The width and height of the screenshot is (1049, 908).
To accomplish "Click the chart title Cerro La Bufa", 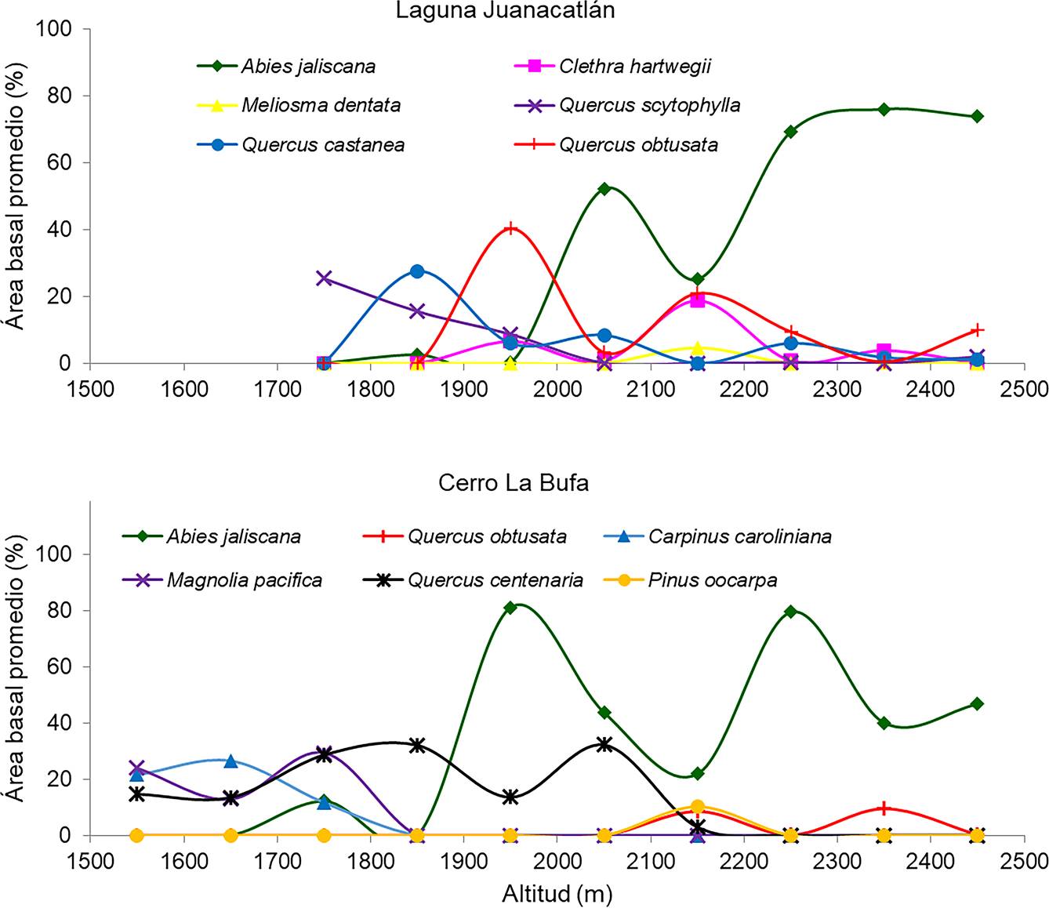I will (514, 482).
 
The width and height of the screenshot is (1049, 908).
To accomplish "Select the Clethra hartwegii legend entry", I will (634, 66).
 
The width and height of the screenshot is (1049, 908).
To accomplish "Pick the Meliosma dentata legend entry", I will (321, 105).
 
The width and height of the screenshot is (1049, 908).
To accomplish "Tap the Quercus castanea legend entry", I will (323, 145).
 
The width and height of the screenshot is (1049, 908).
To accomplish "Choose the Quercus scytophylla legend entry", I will (649, 105).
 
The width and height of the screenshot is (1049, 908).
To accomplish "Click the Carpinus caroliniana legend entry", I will (739, 537).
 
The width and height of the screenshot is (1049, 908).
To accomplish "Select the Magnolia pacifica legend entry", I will (244, 580).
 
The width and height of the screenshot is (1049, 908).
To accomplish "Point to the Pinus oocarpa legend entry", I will (713, 580).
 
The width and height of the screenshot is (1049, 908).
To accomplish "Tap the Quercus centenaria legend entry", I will (495, 580).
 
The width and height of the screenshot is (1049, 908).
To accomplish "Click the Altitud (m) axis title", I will (557, 894).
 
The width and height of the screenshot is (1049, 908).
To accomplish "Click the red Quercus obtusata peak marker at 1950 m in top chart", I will (511, 228).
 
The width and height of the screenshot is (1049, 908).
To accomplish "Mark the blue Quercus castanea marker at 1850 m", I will (417, 271).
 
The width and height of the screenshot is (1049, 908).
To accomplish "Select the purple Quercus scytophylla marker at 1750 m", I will (324, 278).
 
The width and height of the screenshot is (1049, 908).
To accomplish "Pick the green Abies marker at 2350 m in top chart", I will (884, 109).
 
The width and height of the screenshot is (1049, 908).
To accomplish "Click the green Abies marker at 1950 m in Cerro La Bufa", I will (510, 607).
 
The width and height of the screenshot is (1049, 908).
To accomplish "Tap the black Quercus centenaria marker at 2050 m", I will (604, 744).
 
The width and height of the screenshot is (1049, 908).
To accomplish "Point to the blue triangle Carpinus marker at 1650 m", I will (230, 761).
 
